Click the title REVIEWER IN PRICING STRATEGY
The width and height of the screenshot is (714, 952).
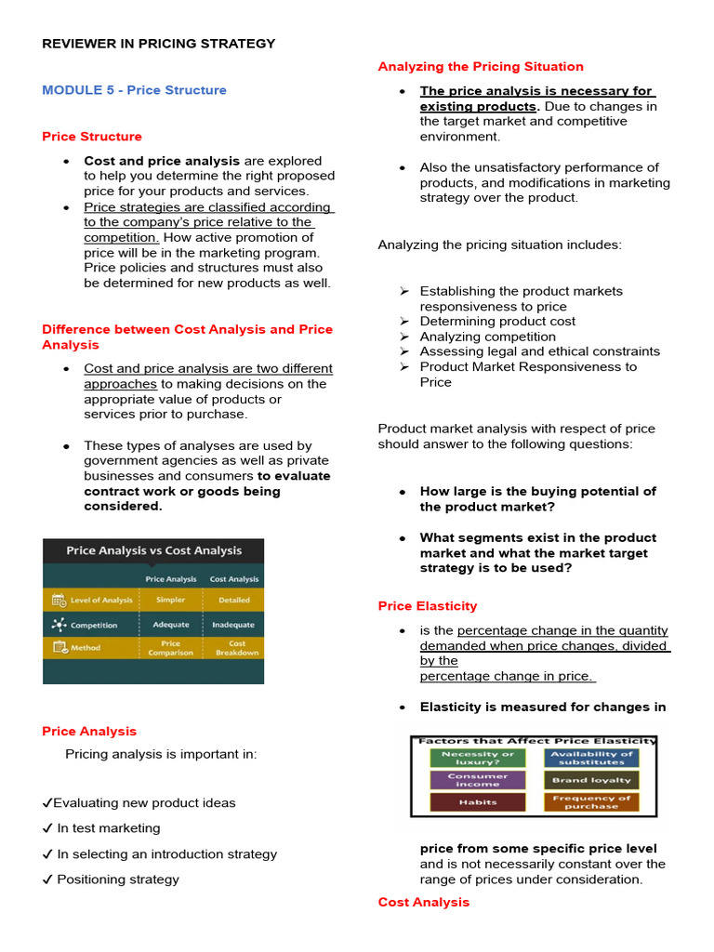pyautogui.click(x=159, y=44)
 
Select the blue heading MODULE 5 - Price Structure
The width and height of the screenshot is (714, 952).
pyautogui.click(x=134, y=90)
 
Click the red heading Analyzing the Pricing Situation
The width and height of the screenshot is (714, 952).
pyautogui.click(x=481, y=66)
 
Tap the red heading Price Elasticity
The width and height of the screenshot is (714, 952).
pyautogui.click(x=428, y=605)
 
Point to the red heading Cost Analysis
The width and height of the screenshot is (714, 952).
pyautogui.click(x=423, y=902)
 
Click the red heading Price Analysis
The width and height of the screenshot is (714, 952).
pyautogui.click(x=89, y=731)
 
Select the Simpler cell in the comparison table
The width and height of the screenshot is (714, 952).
pyautogui.click(x=170, y=600)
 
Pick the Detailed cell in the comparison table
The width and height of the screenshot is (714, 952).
pyautogui.click(x=234, y=600)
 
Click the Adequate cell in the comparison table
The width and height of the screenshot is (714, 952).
pyautogui.click(x=170, y=625)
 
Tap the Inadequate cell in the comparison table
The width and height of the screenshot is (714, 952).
pyautogui.click(x=233, y=625)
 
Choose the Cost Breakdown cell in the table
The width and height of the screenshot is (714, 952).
pyautogui.click(x=236, y=648)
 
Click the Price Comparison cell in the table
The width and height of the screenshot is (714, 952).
pyautogui.click(x=170, y=648)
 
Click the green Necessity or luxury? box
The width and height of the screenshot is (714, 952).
pyautogui.click(x=477, y=758)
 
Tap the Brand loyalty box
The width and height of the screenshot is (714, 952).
pyautogui.click(x=591, y=780)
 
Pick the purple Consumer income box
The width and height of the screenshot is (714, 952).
pyautogui.click(x=477, y=780)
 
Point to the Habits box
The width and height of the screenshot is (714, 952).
pyautogui.click(x=477, y=801)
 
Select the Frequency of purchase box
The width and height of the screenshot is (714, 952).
pyautogui.click(x=591, y=801)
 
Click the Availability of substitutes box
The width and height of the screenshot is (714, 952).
pyautogui.click(x=591, y=758)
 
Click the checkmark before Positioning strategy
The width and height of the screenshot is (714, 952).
pyautogui.click(x=47, y=879)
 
